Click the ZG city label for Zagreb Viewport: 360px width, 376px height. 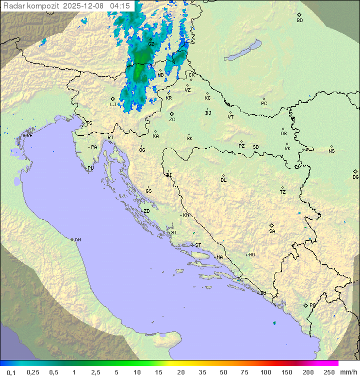[x=172, y=120]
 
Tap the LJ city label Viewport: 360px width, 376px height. [x=113, y=105]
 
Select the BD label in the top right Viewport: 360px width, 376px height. [x=299, y=21]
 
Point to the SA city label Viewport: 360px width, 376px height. [x=272, y=231]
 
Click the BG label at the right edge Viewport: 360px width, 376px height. [x=355, y=177]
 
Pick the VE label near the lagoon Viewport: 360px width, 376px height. [x=29, y=136]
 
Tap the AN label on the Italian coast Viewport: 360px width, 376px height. [x=77, y=240]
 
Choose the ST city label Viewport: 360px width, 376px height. [x=198, y=245]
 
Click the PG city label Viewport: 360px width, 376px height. [x=312, y=305]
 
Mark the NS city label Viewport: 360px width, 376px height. [x=331, y=151]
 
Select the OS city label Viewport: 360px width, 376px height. [x=283, y=134]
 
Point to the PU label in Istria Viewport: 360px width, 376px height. [x=90, y=168]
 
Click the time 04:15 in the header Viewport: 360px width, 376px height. [x=120, y=6]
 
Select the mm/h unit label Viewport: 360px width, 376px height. [x=348, y=372]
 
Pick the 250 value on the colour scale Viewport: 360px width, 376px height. [x=329, y=372]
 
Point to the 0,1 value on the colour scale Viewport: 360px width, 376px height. [x=11, y=372]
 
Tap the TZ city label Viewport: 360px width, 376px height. [x=283, y=192]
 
